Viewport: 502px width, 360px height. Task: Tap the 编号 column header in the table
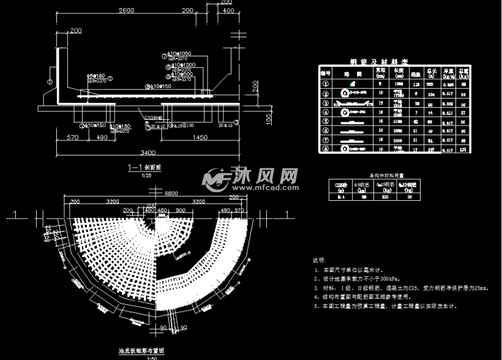pyautogui.click(x=326, y=72)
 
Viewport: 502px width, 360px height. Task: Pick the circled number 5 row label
pyautogui.click(x=326, y=121)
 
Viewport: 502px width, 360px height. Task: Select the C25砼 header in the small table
pyautogui.click(x=339, y=182)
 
